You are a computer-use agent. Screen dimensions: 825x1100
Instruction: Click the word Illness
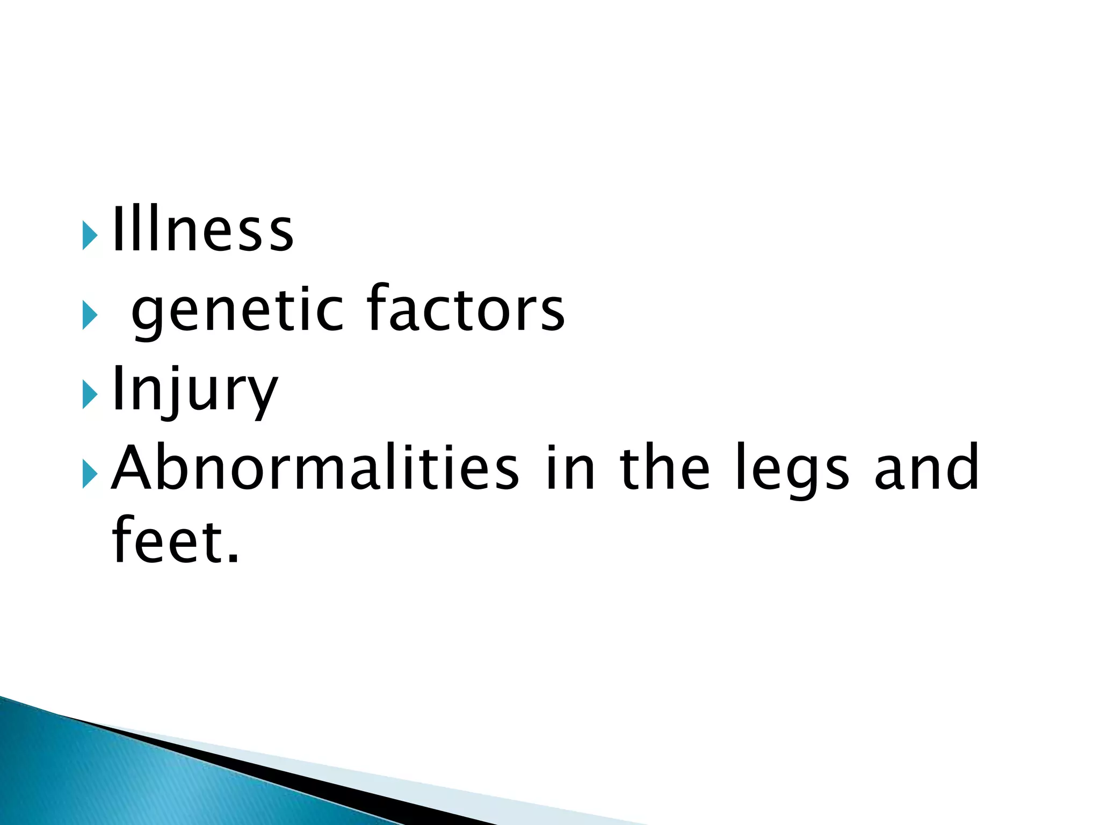[x=202, y=230]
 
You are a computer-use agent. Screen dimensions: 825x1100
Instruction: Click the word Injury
[x=195, y=390]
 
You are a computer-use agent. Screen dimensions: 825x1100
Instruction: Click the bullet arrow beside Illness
[x=90, y=235]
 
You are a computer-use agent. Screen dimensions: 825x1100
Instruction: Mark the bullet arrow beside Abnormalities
[x=90, y=474]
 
